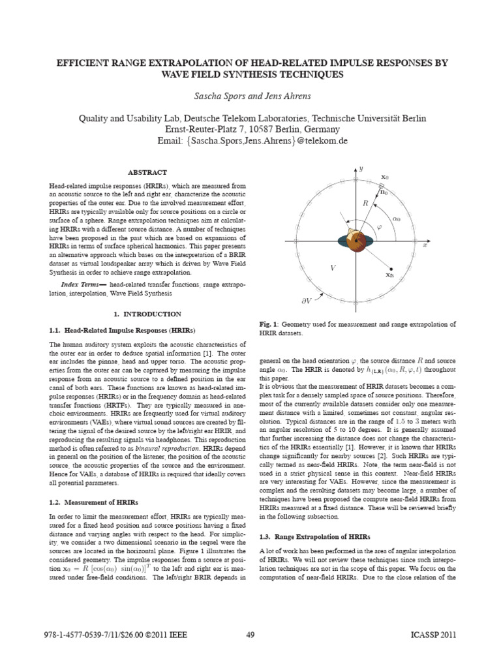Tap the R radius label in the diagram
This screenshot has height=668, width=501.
[366, 204]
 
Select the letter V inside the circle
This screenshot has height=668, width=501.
[333, 268]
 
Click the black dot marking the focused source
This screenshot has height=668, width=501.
[390, 269]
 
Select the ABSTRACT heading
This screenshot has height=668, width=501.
[147, 172]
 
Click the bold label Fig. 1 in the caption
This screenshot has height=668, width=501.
[269, 324]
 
